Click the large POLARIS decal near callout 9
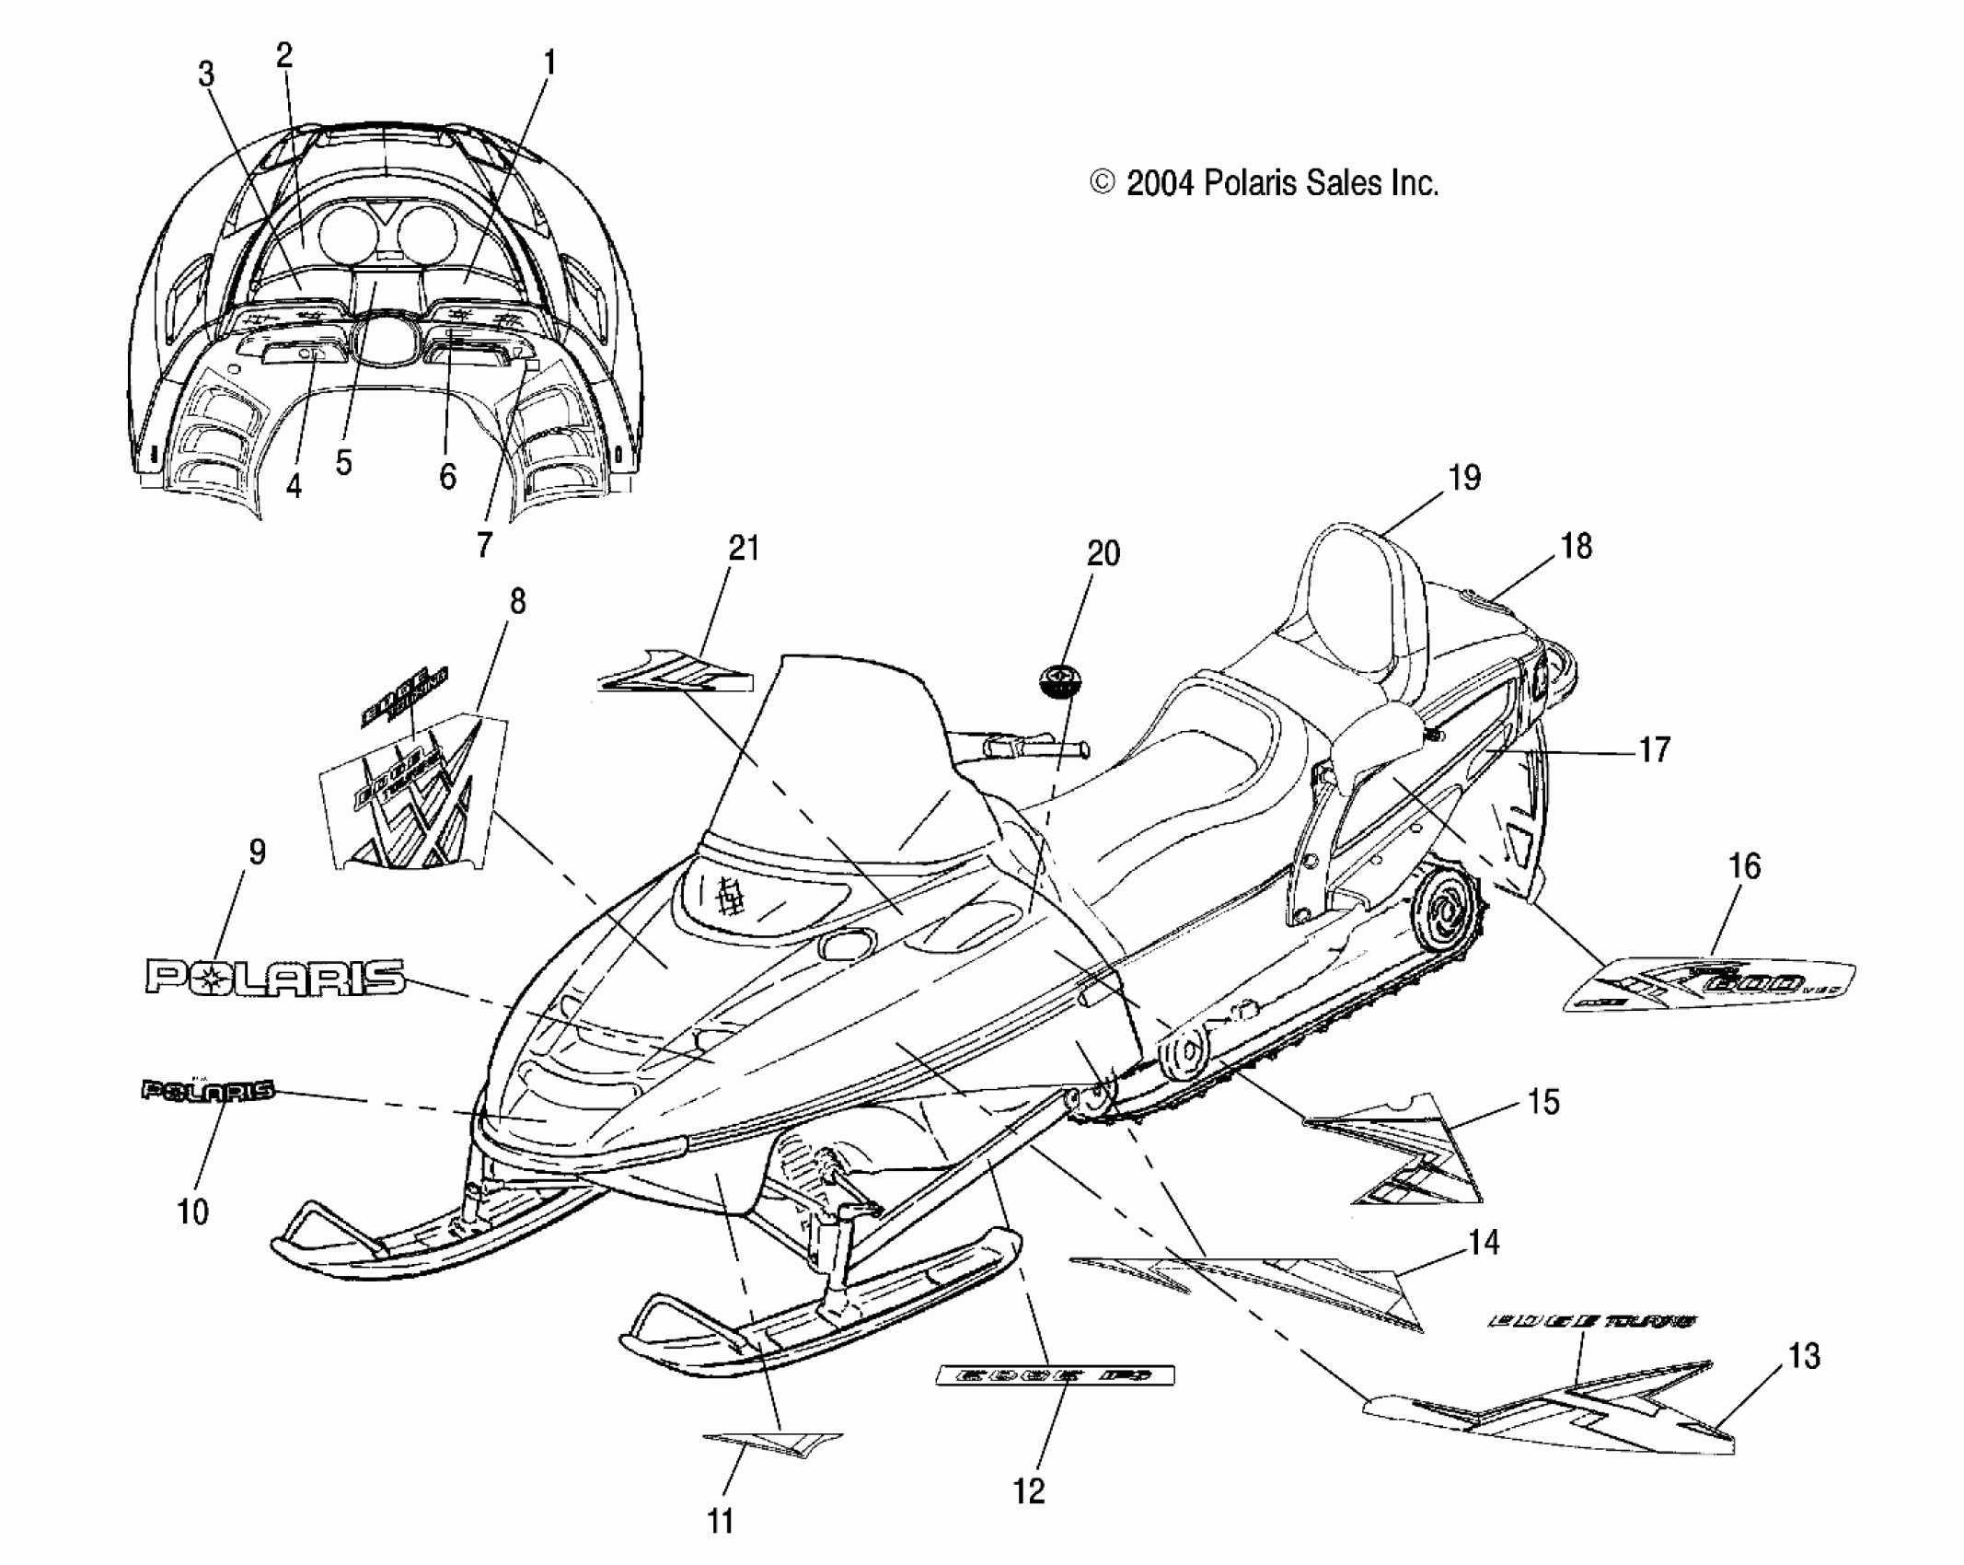(x=274, y=977)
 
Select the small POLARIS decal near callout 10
(x=208, y=1091)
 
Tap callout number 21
(x=744, y=549)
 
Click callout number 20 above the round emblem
(x=1103, y=553)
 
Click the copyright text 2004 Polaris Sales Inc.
(x=1264, y=184)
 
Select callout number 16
(x=1745, y=866)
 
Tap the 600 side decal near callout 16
(x=1710, y=986)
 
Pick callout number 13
(x=1804, y=1356)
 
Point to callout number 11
(x=720, y=1521)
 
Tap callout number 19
(x=1464, y=478)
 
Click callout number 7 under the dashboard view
(x=485, y=544)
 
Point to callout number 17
(x=1655, y=750)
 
